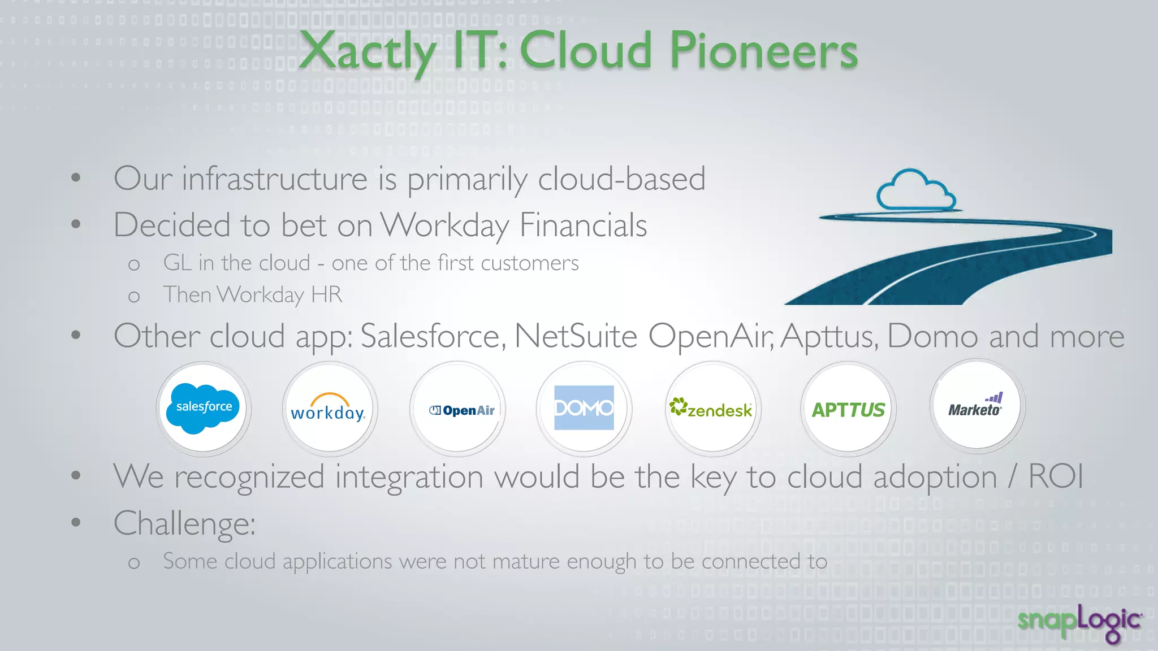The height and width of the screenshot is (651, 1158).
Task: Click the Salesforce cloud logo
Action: [x=203, y=408]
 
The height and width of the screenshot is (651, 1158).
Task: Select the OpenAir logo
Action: [x=461, y=410]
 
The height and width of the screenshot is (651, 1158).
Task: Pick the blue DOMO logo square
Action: [x=584, y=407]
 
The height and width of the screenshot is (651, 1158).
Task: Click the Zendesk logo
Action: [x=711, y=409]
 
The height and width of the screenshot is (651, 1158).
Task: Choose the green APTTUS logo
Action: [x=848, y=410]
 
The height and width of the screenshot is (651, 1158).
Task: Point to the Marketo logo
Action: [x=975, y=406]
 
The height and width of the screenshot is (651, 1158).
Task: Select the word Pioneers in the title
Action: [x=763, y=51]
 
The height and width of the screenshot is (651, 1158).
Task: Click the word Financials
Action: [x=582, y=225]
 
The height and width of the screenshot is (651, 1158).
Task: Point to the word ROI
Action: [x=1055, y=476]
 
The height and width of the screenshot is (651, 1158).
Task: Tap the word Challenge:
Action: [x=184, y=523]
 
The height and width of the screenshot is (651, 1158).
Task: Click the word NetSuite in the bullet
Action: [x=576, y=336]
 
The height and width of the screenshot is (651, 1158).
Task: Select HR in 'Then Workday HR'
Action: [x=326, y=294]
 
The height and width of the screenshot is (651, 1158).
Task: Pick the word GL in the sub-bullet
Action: [x=176, y=263]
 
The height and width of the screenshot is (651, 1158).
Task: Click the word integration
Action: [x=409, y=476]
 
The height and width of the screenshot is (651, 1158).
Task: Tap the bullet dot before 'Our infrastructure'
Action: [x=76, y=178]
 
